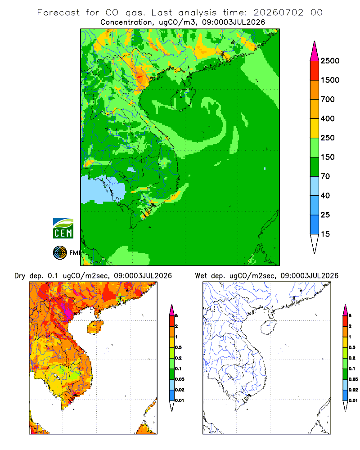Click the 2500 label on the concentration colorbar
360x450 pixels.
(330, 61)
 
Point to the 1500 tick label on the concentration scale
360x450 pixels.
(330, 80)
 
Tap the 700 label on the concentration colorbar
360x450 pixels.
(328, 99)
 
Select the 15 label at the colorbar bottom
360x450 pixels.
(325, 234)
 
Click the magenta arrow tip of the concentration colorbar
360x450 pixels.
(315, 51)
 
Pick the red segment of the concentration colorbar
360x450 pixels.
(315, 70)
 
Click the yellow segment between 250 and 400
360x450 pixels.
(315, 128)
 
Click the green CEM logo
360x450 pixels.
(63, 229)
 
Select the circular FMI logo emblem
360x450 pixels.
(60, 253)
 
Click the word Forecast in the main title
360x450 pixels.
(58, 13)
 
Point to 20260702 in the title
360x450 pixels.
(278, 13)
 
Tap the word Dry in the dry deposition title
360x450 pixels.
(20, 276)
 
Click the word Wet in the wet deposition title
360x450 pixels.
(201, 276)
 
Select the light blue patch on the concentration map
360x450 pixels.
(103, 189)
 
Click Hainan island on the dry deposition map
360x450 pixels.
(95, 328)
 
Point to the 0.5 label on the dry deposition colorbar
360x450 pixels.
(178, 347)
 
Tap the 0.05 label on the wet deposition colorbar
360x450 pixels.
(353, 379)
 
